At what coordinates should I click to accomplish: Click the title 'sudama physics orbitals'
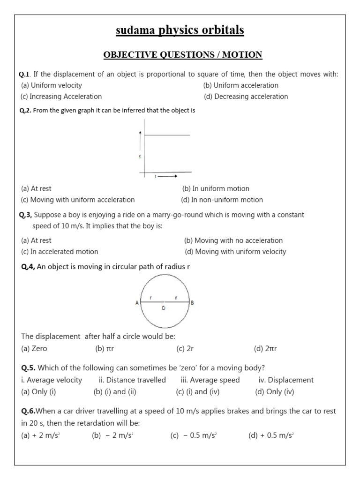coord(180,30)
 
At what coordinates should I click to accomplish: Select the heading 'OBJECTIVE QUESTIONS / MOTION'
coord(183,55)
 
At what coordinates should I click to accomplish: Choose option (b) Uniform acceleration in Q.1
coord(240,85)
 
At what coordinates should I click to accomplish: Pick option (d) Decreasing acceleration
coord(246,97)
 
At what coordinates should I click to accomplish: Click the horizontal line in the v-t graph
coord(167,135)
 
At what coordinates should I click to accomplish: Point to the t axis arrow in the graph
coord(167,176)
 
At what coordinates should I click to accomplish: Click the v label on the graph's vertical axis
coord(140,156)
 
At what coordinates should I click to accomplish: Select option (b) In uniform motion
coord(216,188)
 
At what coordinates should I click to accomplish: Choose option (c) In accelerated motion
coord(60,252)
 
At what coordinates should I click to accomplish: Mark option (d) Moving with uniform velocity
coord(235,252)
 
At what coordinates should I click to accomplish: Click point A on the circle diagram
coord(137,303)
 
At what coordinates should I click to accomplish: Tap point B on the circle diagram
coord(192,303)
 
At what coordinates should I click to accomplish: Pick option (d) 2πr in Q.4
coord(265,349)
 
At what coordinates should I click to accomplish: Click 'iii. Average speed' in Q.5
coord(210,380)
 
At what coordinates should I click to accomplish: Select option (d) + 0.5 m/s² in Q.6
coord(271,435)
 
